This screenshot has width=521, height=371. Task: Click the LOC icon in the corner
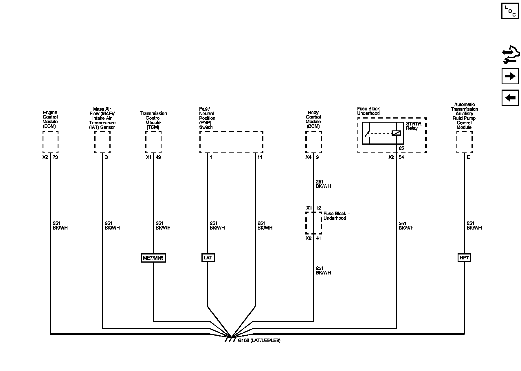coord(510,11)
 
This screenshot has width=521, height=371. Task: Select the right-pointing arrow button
coord(510,76)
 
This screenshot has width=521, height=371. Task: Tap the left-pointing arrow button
coord(510,98)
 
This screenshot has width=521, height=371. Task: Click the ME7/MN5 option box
coord(153,258)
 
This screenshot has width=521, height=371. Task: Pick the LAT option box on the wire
coord(208,258)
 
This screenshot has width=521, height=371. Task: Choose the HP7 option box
coord(464,258)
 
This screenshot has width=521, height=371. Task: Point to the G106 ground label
coord(259,341)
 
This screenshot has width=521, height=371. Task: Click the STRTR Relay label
coord(413,126)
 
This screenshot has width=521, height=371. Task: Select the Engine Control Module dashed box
coord(50,142)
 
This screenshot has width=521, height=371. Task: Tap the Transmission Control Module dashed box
coord(153,142)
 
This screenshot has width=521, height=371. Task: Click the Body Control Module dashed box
coord(313,142)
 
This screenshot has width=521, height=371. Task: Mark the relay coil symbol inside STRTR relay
coord(396,133)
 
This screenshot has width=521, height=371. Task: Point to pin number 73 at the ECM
coord(55,157)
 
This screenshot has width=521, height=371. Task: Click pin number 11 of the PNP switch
coord(260,157)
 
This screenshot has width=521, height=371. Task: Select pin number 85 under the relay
coord(401,148)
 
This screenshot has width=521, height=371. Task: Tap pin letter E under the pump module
coord(468,157)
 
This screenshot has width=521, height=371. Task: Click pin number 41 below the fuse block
coord(318,238)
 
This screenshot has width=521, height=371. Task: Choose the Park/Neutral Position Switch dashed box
coord(231,142)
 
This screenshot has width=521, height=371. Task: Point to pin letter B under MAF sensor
coord(106,157)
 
